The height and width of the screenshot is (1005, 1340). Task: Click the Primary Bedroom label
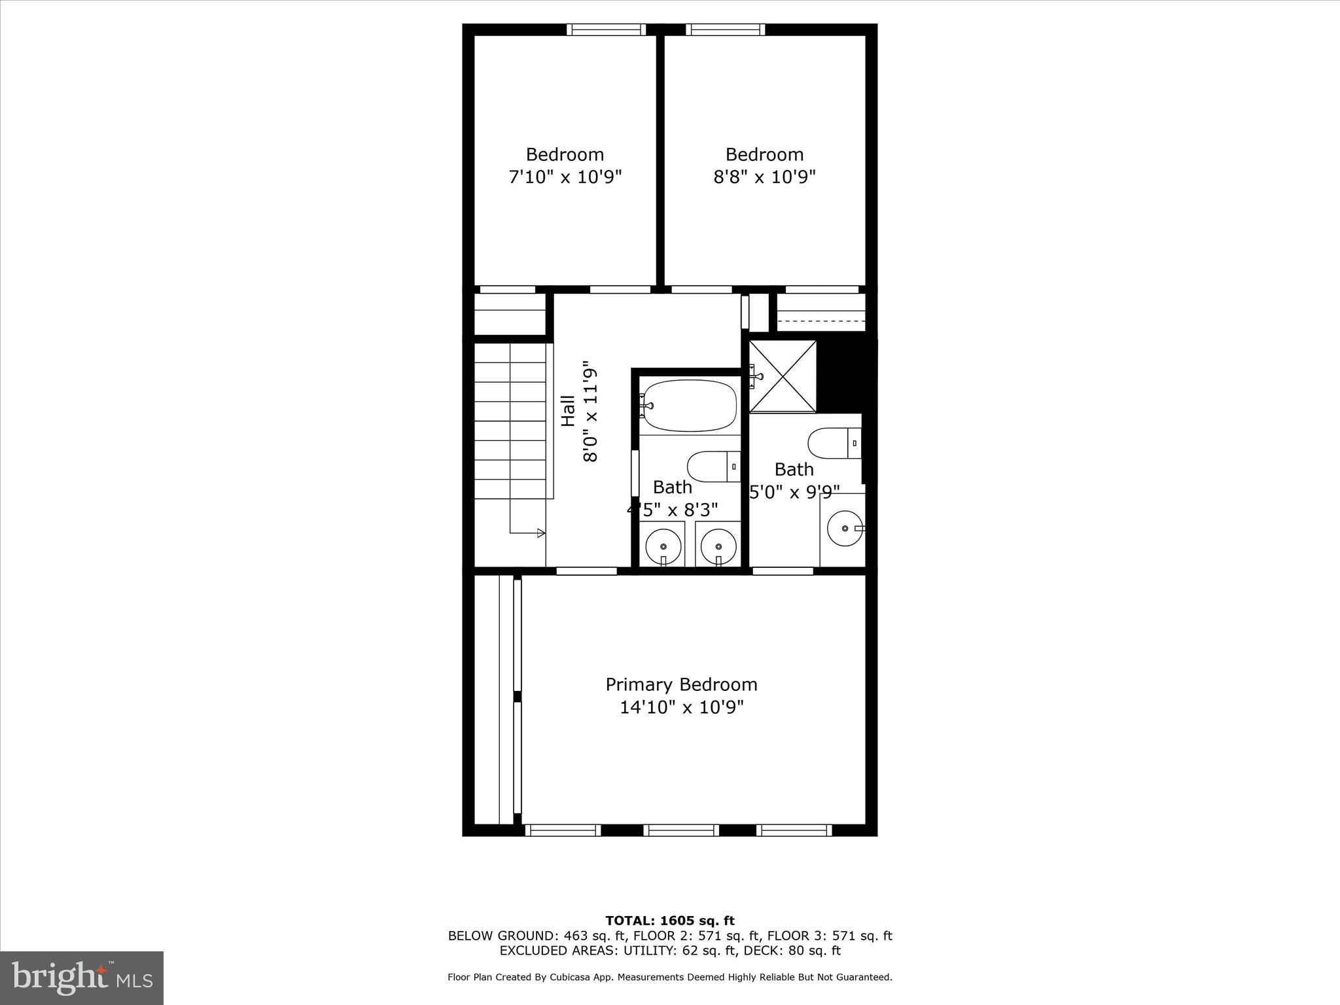(681, 684)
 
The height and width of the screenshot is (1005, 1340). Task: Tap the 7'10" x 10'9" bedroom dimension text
(565, 177)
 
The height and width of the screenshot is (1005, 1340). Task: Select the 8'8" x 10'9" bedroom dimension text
(764, 177)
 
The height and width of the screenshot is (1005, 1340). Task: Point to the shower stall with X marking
(783, 376)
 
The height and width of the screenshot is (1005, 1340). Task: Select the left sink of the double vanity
(663, 545)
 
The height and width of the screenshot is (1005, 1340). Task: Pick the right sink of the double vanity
(718, 545)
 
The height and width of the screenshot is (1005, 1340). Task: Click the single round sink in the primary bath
(845, 527)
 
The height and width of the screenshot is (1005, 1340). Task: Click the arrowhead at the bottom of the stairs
(540, 533)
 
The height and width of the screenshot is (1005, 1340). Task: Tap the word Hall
(568, 411)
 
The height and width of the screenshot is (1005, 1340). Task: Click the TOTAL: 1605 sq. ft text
(669, 921)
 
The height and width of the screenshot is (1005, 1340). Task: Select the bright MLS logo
(82, 978)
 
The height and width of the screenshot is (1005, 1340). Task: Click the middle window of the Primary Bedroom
(681, 830)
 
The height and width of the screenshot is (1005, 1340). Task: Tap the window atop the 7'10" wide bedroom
(606, 29)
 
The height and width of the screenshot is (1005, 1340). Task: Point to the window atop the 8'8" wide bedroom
(725, 29)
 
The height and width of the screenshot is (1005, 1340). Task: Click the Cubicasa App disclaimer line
(669, 977)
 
